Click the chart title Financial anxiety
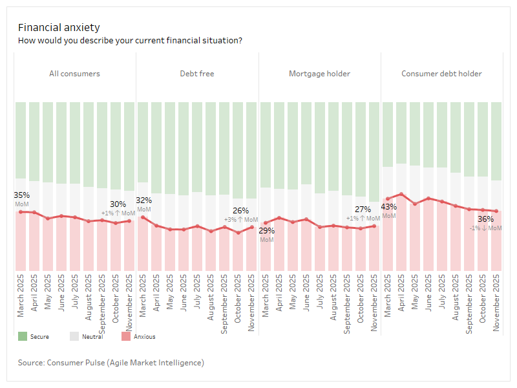pyautogui.click(x=59, y=27)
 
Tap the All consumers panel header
pyautogui.click(x=74, y=74)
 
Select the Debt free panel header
pyautogui.click(x=196, y=74)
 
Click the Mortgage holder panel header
pyautogui.click(x=319, y=74)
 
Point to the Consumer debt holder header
pyautogui.click(x=441, y=74)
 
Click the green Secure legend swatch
pyautogui.click(x=23, y=336)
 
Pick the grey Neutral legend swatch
pyautogui.click(x=74, y=336)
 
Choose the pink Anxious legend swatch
pyautogui.click(x=126, y=336)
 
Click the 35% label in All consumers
pyautogui.click(x=21, y=195)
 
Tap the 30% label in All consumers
pyautogui.click(x=118, y=204)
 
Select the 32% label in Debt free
pyautogui.click(x=143, y=200)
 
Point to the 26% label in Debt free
pyautogui.click(x=240, y=211)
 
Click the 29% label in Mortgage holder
pyautogui.click(x=266, y=230)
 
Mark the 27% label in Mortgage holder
pyautogui.click(x=363, y=210)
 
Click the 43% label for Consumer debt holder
pyautogui.click(x=388, y=207)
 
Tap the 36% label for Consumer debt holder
pyautogui.click(x=485, y=219)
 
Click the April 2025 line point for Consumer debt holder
pyautogui.click(x=402, y=194)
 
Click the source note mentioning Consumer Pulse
pyautogui.click(x=111, y=363)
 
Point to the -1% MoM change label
pyautogui.click(x=485, y=228)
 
